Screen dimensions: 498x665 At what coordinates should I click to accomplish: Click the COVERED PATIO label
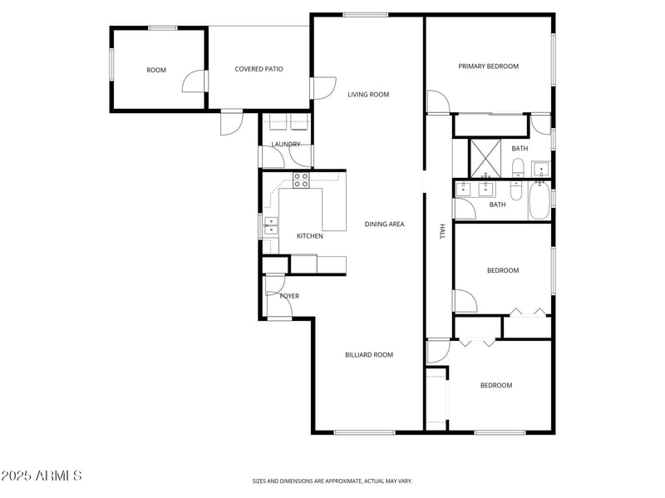click(259, 69)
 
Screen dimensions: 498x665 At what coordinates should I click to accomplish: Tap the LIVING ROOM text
click(368, 95)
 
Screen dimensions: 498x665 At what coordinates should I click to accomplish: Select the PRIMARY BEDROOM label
click(489, 67)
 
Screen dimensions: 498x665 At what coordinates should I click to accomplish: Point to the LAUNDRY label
click(285, 145)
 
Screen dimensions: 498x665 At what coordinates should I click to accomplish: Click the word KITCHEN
click(310, 236)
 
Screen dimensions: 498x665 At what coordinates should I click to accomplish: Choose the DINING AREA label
click(384, 224)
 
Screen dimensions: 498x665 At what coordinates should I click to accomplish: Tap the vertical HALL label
click(443, 232)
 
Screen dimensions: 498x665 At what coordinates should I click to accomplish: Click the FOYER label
click(289, 296)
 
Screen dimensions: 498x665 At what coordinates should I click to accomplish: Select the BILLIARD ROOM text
click(369, 355)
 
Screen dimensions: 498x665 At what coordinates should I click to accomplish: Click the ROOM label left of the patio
click(156, 70)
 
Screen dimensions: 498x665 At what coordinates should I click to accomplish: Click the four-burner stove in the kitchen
click(301, 180)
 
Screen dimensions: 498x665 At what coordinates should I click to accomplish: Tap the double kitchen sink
click(271, 225)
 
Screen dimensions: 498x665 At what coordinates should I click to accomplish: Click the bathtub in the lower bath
click(538, 200)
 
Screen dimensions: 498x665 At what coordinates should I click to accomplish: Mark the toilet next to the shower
click(517, 171)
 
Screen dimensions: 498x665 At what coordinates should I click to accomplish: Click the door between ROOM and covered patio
click(195, 81)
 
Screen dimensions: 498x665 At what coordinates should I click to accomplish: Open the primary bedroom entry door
click(437, 103)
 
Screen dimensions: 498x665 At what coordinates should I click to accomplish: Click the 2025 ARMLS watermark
click(42, 476)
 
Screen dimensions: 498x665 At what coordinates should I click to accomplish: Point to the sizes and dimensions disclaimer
click(332, 481)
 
